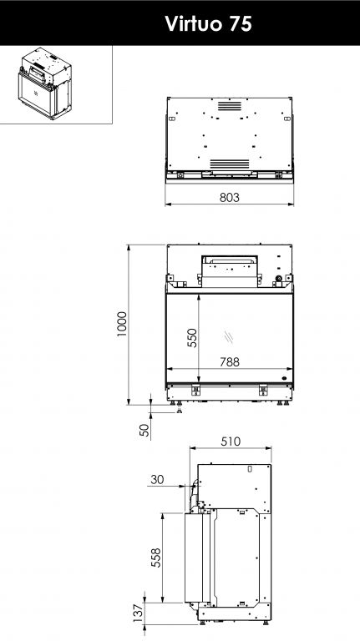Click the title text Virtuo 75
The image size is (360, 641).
pyautogui.click(x=208, y=23)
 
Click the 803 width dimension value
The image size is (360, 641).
pyautogui.click(x=229, y=198)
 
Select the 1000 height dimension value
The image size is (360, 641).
pyautogui.click(x=122, y=324)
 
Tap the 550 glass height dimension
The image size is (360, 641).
pyautogui.click(x=192, y=338)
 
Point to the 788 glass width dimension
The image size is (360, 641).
pyautogui.click(x=229, y=362)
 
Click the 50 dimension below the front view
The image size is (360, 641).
pyautogui.click(x=145, y=430)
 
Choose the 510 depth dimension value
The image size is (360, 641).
pyautogui.click(x=231, y=442)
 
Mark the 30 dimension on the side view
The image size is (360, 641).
pyautogui.click(x=157, y=479)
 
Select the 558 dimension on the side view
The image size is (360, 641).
pyautogui.click(x=156, y=558)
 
